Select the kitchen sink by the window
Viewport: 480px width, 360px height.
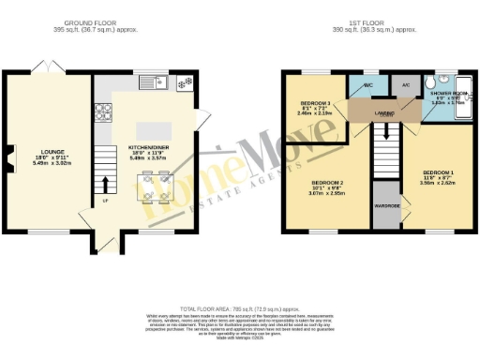pos(152,83)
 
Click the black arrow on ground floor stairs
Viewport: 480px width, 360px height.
pos(105,182)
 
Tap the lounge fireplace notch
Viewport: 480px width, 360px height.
pos(9,155)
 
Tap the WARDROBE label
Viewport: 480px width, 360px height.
pos(385,203)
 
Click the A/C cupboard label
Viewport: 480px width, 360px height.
pos(405,85)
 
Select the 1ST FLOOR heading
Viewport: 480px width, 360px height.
pos(381,22)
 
